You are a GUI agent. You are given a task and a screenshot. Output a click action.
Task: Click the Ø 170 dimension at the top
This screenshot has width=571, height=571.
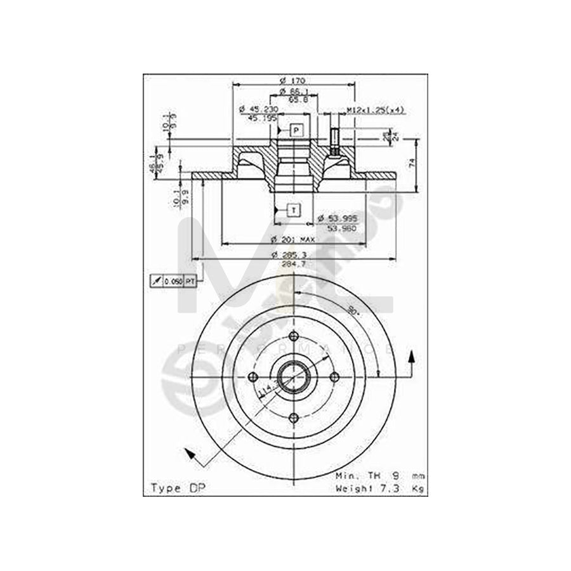pyautogui.click(x=292, y=81)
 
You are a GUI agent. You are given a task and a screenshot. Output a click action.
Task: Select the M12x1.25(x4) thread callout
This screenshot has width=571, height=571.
pyautogui.click(x=375, y=110)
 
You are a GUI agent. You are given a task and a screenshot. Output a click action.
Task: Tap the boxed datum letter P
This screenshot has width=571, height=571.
pyautogui.click(x=295, y=130)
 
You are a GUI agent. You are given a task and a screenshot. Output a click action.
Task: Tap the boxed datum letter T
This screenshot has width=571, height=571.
pyautogui.click(x=293, y=209)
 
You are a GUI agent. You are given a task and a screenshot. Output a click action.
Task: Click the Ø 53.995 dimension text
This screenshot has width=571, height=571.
pyautogui.click(x=338, y=218)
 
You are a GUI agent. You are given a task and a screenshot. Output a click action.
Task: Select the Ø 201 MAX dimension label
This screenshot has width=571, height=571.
pyautogui.click(x=292, y=239)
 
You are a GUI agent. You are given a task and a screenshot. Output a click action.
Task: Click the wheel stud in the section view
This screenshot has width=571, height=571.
pyautogui.click(x=333, y=141)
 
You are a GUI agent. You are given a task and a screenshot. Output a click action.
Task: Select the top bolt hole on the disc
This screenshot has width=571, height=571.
pyautogui.click(x=293, y=337)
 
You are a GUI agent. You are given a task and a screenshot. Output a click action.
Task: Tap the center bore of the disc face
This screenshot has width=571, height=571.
pyautogui.click(x=293, y=377)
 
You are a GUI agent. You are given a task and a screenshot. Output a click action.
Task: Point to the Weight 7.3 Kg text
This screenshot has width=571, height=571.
pyautogui.click(x=380, y=488)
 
